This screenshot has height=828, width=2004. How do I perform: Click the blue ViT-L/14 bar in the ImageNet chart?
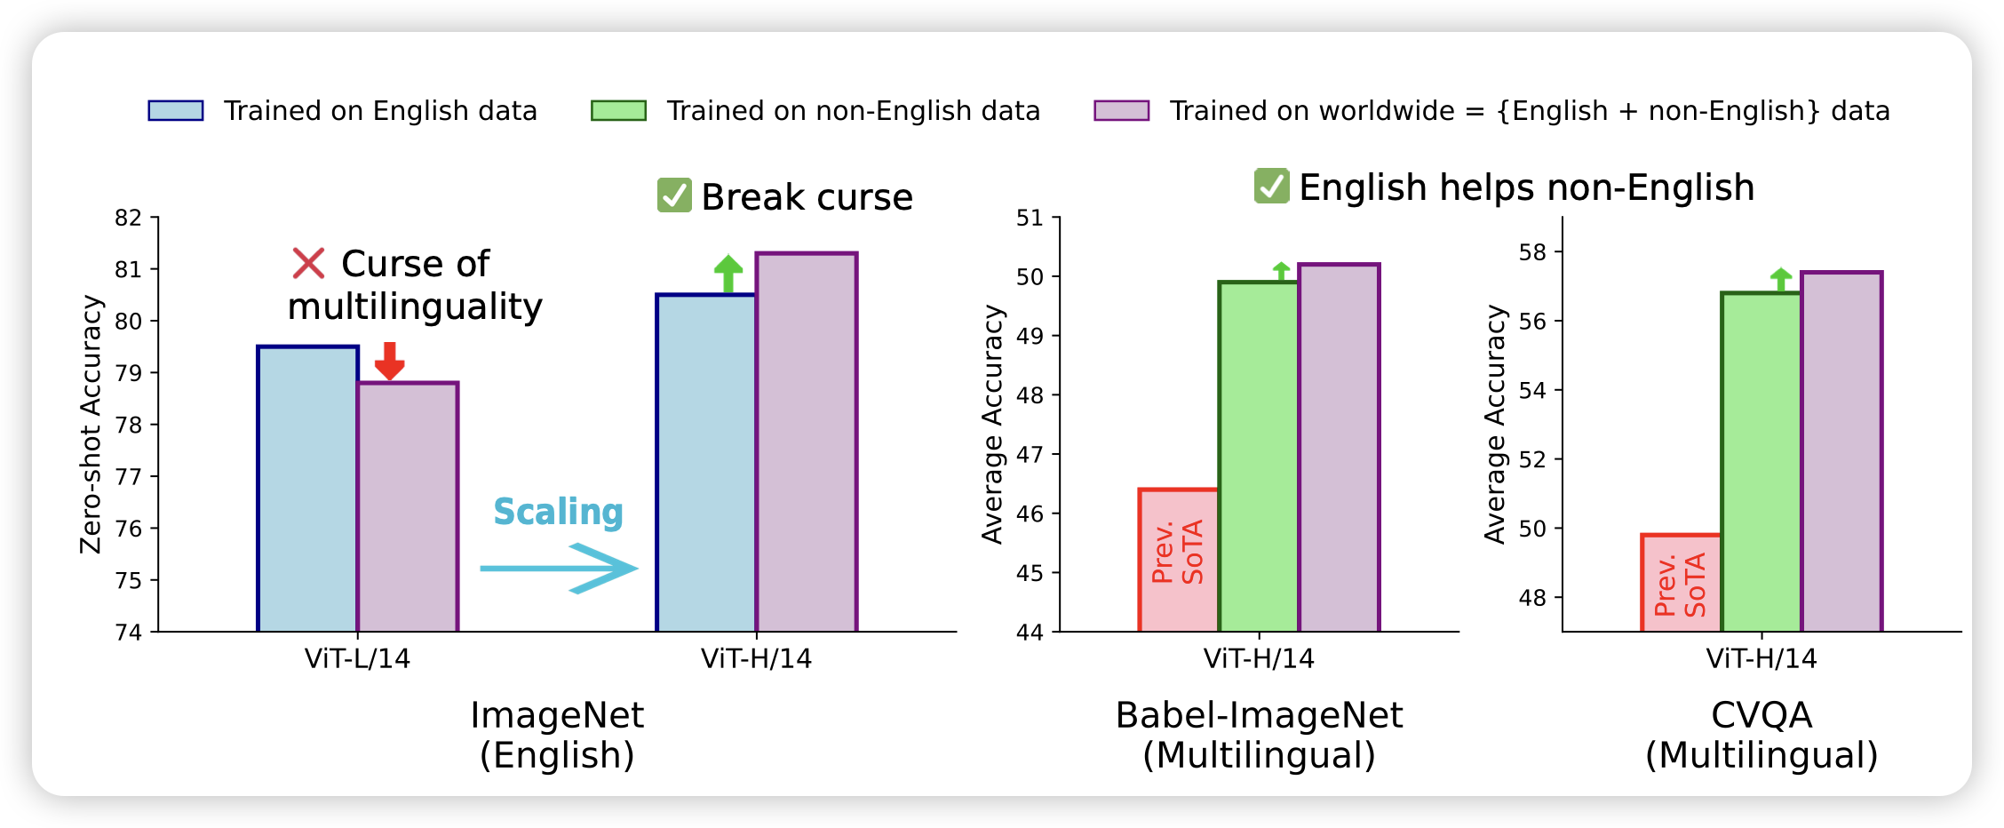307,489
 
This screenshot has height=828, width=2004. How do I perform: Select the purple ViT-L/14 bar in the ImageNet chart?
408,506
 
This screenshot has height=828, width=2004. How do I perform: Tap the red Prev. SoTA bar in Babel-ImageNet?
1179,560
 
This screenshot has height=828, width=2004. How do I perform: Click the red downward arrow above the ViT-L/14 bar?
389,360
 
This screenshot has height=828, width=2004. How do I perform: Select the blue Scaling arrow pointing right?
559,568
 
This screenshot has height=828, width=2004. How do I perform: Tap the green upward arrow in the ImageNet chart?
728,274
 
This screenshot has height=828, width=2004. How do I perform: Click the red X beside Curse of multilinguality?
308,263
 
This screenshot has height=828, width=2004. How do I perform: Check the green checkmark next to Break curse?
674,195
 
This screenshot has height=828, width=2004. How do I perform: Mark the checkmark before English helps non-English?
1271,186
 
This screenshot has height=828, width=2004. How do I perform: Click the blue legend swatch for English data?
176,110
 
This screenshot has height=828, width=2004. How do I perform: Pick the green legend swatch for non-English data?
618,110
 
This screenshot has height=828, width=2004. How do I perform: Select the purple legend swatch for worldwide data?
1121,110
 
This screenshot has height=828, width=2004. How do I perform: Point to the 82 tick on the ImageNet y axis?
129,218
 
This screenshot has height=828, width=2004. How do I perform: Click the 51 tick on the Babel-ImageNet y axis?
1030,218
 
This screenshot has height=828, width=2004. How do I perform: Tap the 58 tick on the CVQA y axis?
1533,252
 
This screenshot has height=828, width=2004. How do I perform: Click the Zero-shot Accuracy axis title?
91,424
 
